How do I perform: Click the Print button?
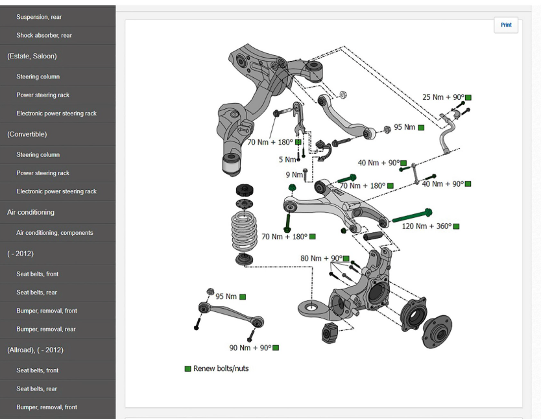(x=506, y=25)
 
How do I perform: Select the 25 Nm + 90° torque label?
(x=443, y=97)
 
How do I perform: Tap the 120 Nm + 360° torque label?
(x=426, y=226)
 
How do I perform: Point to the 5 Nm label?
(x=287, y=160)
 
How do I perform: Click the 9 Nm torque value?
(x=294, y=174)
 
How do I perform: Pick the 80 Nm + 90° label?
(x=320, y=258)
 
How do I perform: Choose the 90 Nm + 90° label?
(x=250, y=348)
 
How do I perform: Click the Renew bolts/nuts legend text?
(x=221, y=368)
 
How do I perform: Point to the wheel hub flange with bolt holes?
(x=437, y=322)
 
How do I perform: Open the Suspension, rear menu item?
(x=39, y=17)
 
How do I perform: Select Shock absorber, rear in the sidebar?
(x=44, y=36)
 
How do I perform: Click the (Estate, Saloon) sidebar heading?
(x=32, y=56)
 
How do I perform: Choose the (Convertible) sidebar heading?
(x=27, y=134)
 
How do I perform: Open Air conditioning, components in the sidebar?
(x=54, y=233)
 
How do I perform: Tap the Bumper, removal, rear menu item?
(x=46, y=329)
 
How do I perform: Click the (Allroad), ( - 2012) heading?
(x=35, y=350)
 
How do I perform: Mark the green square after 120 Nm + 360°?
(x=456, y=226)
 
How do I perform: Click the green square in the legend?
(x=188, y=368)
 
